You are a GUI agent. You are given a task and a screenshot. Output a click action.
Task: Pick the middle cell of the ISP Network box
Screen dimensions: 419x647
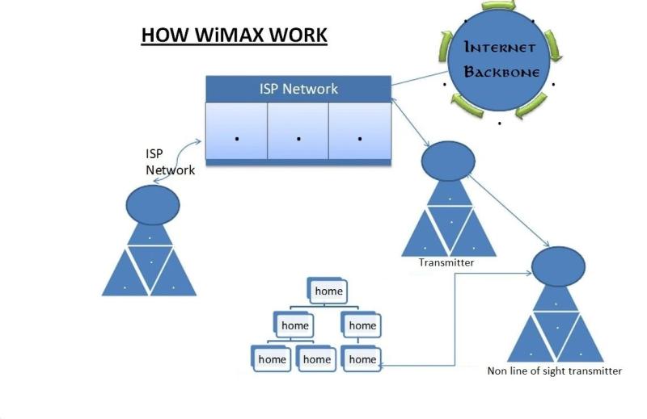coord(298,133)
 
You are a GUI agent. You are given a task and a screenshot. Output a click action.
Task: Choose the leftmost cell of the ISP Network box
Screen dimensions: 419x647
coord(236,133)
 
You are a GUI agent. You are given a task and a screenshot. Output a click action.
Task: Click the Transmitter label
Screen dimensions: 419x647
coord(446,262)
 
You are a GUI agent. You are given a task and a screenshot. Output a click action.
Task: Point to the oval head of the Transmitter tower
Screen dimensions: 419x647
coord(447,161)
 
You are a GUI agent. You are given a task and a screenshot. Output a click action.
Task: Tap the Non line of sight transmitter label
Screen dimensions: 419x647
coord(554,371)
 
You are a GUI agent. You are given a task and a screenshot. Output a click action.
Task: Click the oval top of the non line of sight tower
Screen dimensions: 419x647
coord(557,265)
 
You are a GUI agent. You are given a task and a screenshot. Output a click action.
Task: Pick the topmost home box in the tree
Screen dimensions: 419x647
coord(328,291)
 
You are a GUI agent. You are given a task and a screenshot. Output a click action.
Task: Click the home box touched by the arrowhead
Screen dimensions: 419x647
coord(362,359)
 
